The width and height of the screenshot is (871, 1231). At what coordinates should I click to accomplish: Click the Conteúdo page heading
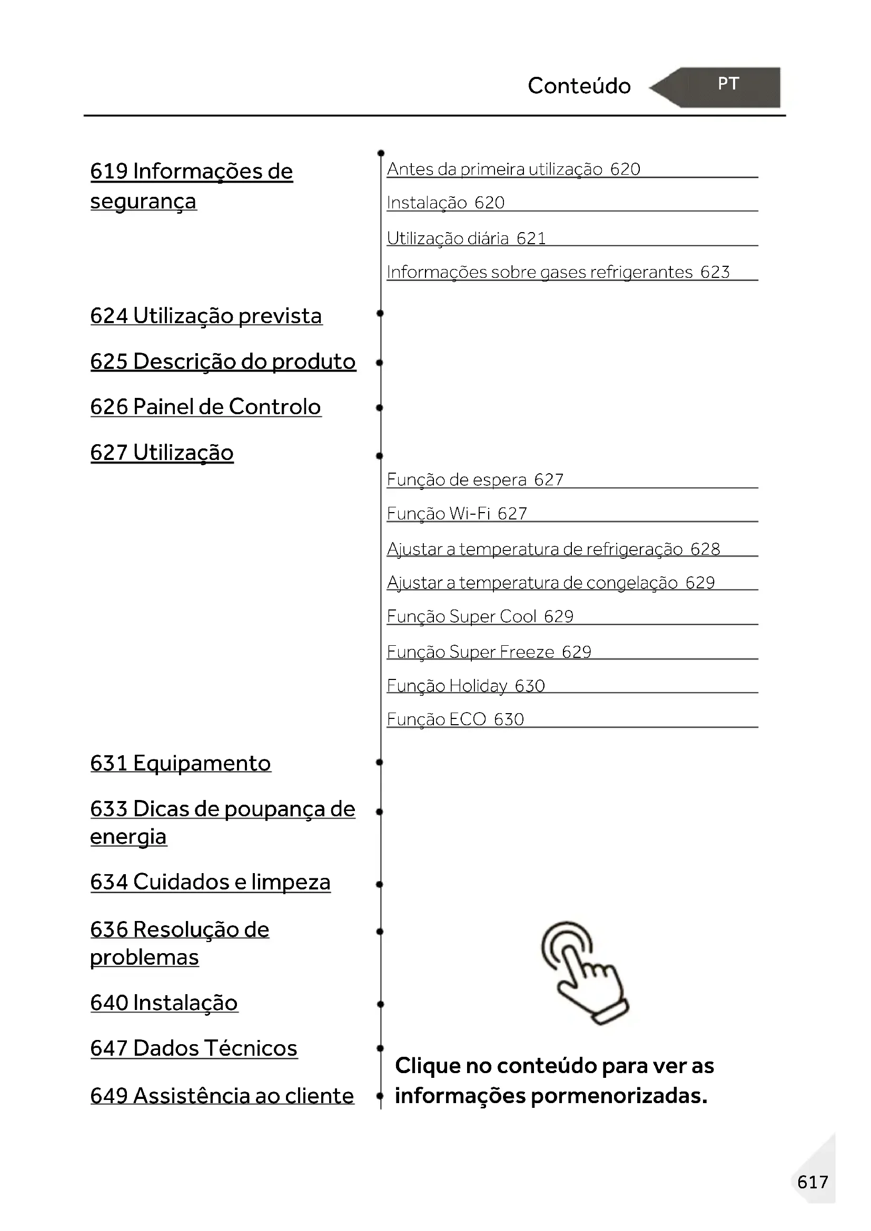click(579, 86)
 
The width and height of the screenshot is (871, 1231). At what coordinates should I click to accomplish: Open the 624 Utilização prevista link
click(206, 316)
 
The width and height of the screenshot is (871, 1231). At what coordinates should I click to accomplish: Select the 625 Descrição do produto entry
click(223, 362)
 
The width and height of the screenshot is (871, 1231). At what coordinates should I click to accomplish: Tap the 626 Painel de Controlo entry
click(205, 407)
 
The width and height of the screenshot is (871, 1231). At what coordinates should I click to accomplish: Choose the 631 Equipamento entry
click(180, 764)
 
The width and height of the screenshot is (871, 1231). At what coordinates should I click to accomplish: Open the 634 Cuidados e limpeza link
click(210, 882)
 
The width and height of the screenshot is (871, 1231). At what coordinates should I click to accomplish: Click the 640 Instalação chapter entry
click(164, 1003)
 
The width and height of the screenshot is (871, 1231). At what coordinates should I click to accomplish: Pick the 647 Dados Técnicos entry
click(194, 1048)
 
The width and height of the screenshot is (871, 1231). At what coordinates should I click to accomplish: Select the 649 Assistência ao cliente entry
click(222, 1096)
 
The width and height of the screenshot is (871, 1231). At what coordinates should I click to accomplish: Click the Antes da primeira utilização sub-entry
click(513, 169)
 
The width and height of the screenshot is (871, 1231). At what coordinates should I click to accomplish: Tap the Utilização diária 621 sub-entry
click(466, 238)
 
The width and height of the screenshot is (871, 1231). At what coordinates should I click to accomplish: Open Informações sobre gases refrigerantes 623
click(558, 273)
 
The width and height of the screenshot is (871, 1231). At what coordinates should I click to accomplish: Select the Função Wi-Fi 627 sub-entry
click(457, 514)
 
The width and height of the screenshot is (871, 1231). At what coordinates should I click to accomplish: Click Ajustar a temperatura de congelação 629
click(551, 583)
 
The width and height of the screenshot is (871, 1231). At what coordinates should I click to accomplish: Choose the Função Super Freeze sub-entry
click(489, 652)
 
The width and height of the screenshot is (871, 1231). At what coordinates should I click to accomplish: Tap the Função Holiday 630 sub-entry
click(466, 686)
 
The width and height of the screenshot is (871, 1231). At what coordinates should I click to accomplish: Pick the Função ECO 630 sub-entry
click(456, 719)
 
